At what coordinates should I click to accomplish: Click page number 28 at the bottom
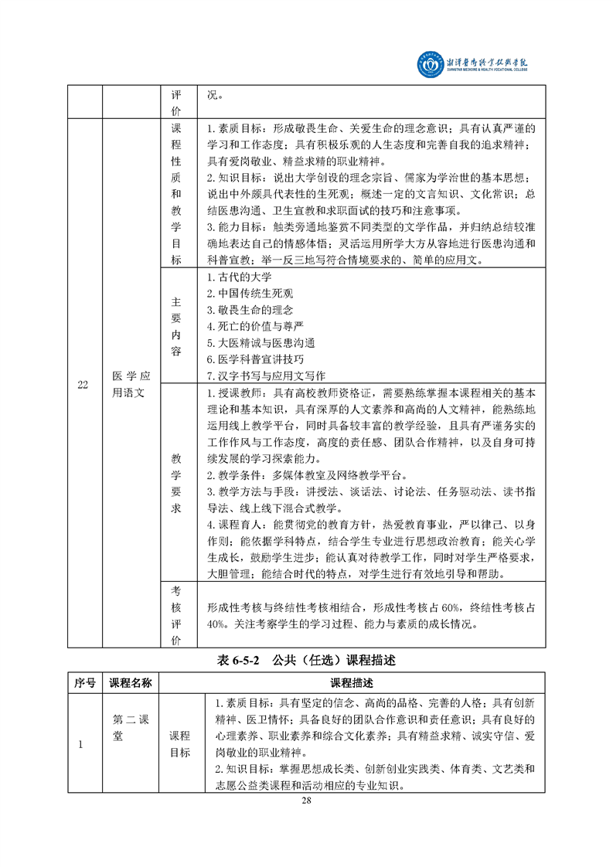click(306, 800)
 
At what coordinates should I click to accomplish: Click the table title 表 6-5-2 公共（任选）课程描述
click(306, 661)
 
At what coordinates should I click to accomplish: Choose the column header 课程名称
click(130, 683)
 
